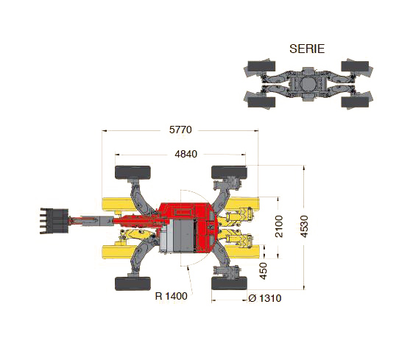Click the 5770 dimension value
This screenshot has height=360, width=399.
tap(180, 130)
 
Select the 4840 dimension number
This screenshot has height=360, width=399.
tap(186, 154)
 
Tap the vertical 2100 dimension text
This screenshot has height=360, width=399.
tap(279, 227)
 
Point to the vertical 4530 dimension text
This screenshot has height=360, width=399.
tap(304, 227)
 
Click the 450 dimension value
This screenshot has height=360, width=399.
tap(264, 271)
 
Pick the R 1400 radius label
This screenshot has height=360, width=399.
tap(171, 296)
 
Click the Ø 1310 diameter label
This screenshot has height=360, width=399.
tap(265, 298)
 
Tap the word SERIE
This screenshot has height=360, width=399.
tap(307, 49)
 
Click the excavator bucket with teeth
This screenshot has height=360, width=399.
tap(54, 221)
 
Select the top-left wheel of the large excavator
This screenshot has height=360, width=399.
tap(133, 172)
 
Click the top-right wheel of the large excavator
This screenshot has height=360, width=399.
tap(229, 172)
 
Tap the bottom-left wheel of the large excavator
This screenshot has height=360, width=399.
tap(133, 283)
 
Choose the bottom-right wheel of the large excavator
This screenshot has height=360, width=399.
tap(229, 283)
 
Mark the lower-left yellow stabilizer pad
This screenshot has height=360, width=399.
tap(116, 252)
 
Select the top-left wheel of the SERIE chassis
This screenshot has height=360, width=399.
tap(261, 66)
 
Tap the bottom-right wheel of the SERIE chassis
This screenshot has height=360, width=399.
tap(355, 102)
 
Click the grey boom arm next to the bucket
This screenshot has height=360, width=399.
tap(91, 221)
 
